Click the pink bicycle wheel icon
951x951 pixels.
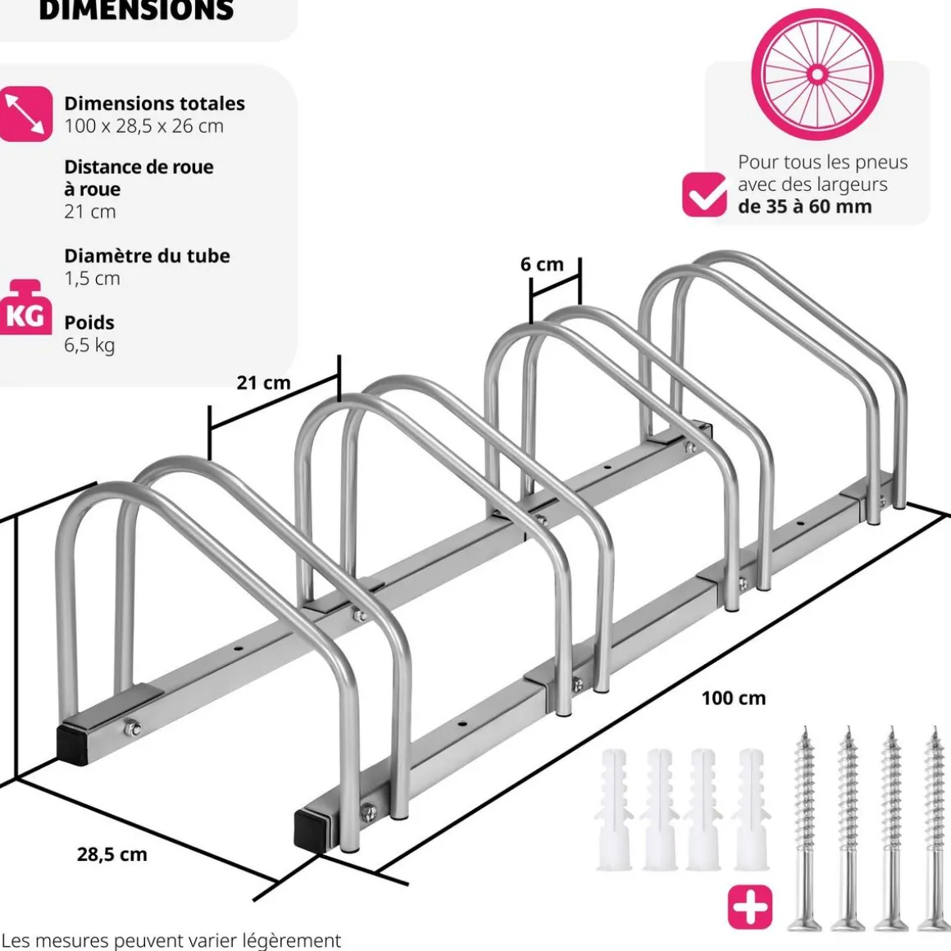817,75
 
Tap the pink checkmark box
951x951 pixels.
704,195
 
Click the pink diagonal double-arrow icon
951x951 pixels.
25,114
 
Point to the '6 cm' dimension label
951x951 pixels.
542,264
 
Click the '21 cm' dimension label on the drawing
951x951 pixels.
263,382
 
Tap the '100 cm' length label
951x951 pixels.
733,698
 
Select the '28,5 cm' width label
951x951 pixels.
112,853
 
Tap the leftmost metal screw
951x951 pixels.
804,828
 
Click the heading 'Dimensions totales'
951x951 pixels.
155,103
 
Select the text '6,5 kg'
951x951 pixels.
89,344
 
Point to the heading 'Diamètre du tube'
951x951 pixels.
148,255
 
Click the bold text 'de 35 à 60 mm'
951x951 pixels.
804,206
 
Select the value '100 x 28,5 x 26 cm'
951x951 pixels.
144,125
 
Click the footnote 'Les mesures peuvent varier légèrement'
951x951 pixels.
171,940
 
